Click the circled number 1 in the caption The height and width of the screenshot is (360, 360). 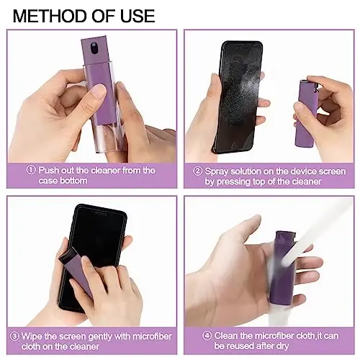pos(31,170)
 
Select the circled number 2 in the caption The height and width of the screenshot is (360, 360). pos(198,172)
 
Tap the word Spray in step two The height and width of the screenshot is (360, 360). pos(217,172)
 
